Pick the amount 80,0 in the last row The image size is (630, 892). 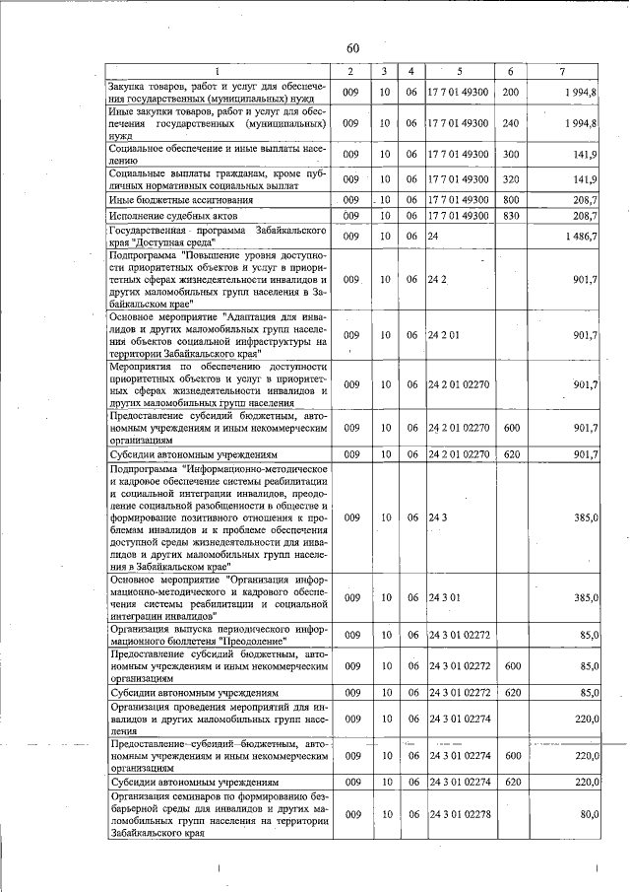pos(589,814)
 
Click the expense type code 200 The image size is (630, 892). pos(510,92)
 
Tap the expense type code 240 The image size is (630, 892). pos(510,124)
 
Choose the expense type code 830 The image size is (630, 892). pos(510,215)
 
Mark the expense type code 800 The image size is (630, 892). pos(510,199)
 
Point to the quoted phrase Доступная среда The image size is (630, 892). pos(169,242)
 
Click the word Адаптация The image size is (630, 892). pos(256,317)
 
